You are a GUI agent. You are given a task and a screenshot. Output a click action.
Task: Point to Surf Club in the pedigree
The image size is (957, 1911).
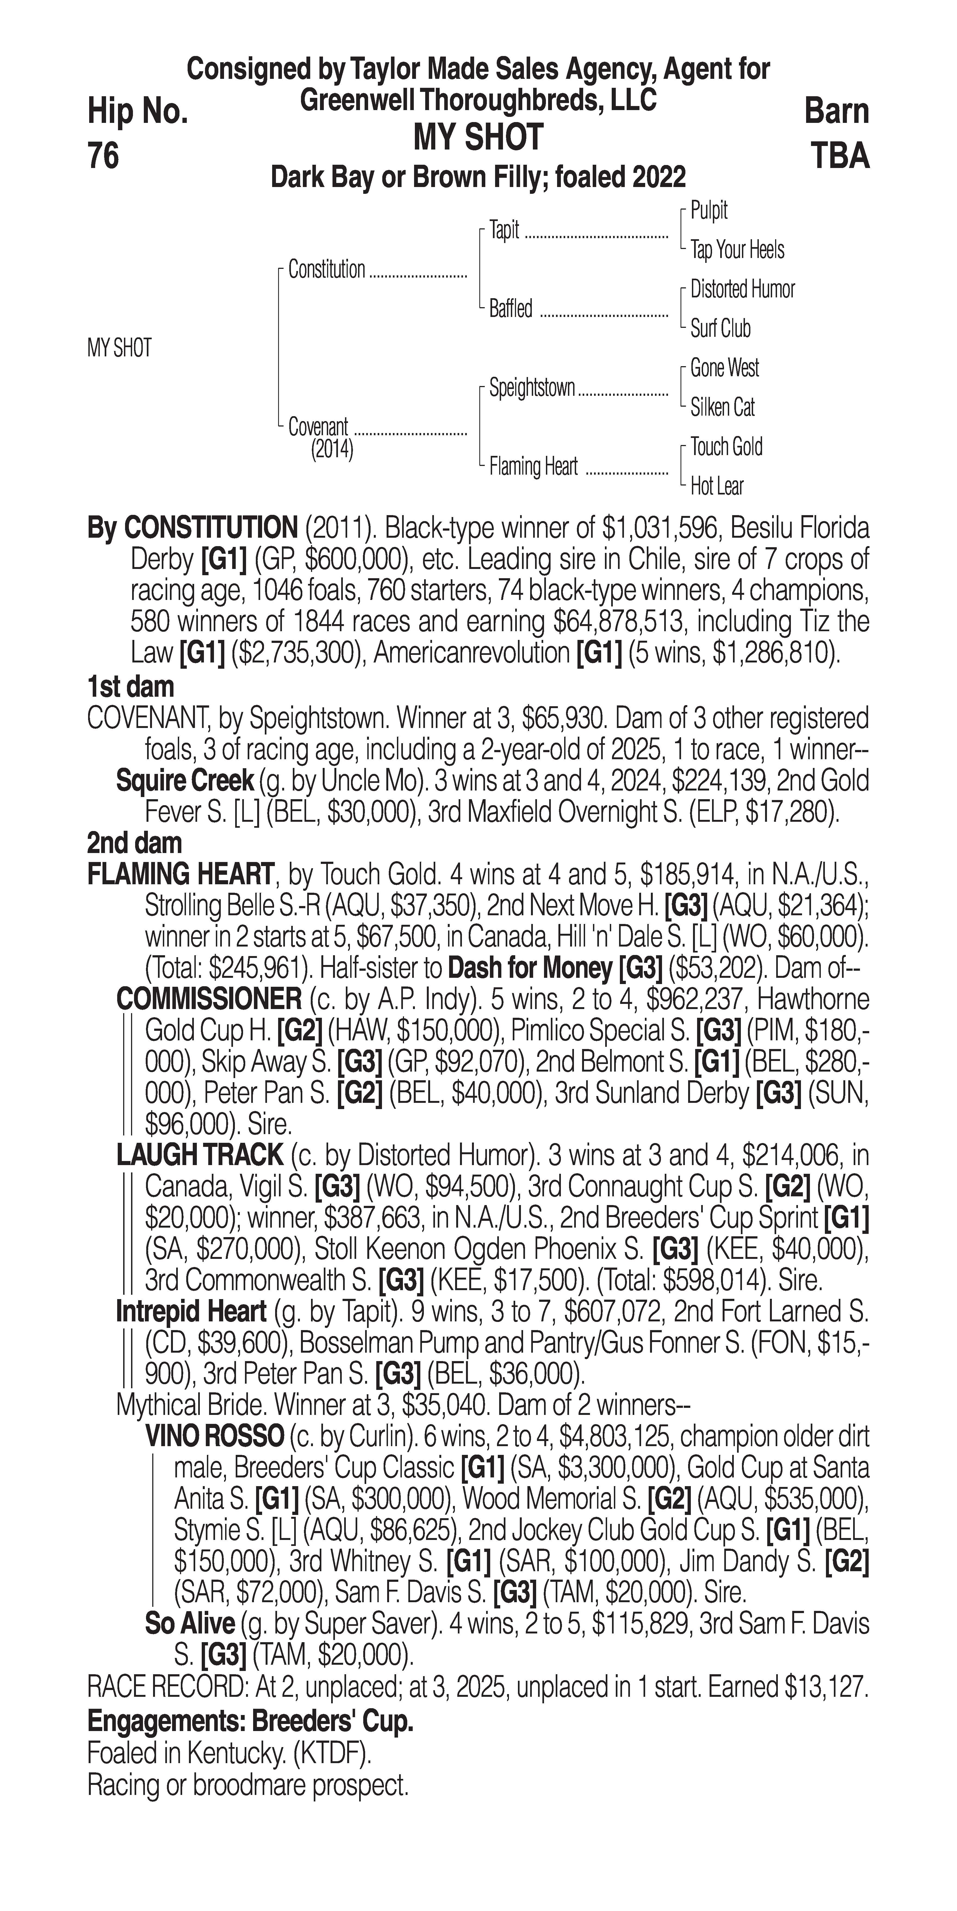click(x=720, y=329)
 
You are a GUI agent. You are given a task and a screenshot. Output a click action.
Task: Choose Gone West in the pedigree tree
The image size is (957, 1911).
click(x=724, y=368)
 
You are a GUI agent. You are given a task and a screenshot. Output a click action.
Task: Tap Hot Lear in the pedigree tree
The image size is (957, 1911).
click(x=717, y=487)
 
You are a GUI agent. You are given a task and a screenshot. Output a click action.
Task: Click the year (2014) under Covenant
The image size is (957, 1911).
click(x=332, y=450)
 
